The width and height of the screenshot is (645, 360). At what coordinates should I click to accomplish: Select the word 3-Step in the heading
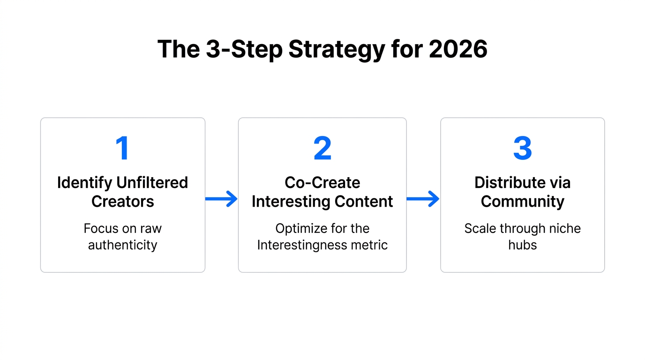pos(244,50)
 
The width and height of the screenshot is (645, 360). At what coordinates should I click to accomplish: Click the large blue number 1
pos(122,149)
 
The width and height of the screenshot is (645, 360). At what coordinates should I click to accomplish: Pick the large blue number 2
pos(322,149)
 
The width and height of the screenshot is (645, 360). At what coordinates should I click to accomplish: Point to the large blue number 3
pos(522,149)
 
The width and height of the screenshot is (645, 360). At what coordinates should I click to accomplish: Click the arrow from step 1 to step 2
pos(222,199)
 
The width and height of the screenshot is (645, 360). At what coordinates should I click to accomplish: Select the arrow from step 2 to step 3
pos(423,199)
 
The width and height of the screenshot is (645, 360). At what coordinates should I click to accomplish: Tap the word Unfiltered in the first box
pos(152,182)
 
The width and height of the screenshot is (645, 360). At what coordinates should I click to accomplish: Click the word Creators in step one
pos(122,202)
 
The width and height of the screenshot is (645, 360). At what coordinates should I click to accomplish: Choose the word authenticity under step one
pos(122,245)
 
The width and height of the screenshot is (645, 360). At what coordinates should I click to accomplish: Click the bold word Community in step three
pos(522,202)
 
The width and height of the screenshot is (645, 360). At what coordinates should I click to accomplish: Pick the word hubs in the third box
pos(522,245)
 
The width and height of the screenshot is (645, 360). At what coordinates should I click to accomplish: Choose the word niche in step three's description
pos(566,228)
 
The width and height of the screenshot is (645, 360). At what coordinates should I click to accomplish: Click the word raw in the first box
pos(151,228)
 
